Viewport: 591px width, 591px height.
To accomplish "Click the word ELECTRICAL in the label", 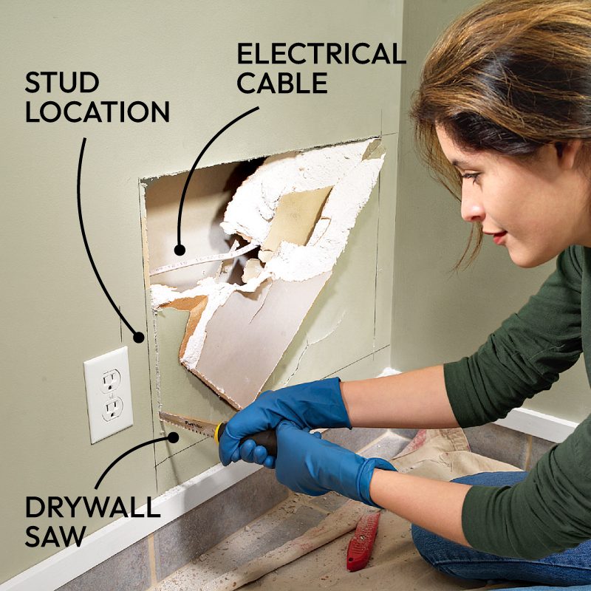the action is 321,53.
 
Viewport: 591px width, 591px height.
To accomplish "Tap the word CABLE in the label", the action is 282,83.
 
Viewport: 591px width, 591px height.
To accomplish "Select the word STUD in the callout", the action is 62,82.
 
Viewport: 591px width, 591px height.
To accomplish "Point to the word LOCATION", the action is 98,112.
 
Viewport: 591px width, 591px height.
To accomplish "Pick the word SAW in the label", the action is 55,536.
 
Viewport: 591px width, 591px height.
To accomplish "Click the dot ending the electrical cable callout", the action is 180,250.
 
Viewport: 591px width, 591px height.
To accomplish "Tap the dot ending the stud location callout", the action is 139,338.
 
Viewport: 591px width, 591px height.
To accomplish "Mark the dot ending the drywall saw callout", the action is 173,437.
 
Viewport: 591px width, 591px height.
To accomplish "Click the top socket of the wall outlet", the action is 112,380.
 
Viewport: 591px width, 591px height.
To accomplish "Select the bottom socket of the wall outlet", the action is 113,409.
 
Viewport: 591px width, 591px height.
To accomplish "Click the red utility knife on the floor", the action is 363,541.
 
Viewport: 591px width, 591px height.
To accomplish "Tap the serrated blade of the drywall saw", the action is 188,424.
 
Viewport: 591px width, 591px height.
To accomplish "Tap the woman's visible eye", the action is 471,176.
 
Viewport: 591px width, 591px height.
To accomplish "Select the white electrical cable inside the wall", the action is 204,259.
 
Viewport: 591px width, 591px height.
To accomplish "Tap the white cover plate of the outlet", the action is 108,394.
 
